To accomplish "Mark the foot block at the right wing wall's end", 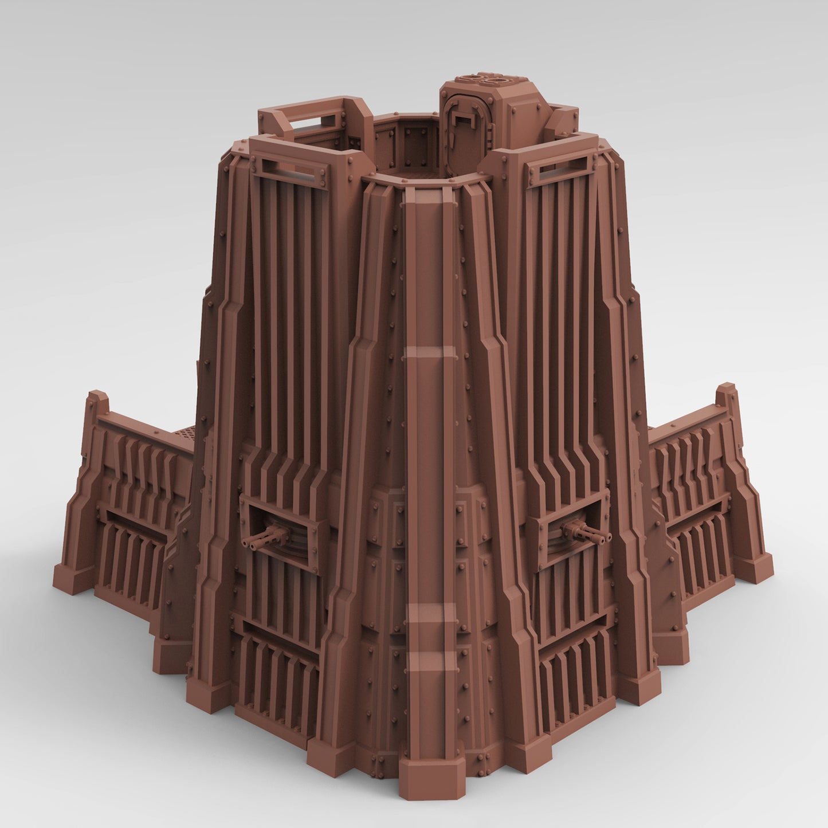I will [x=754, y=568].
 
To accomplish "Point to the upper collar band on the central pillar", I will [x=427, y=352].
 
